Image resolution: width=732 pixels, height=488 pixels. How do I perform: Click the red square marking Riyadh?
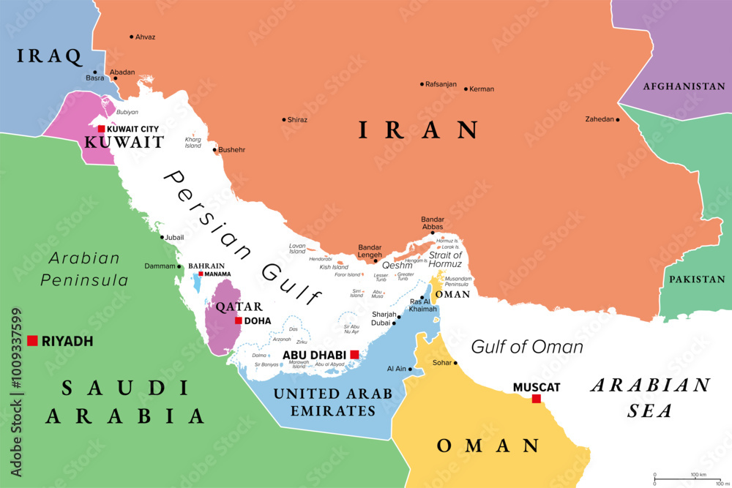tap(32, 340)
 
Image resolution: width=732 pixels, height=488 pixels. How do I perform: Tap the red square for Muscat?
tap(537, 399)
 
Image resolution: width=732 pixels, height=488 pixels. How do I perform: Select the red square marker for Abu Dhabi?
tap(354, 355)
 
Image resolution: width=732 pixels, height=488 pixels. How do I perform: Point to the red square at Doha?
tap(239, 320)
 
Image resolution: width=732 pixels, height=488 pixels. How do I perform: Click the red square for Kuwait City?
tap(101, 129)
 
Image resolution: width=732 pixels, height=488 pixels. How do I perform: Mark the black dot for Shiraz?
tap(284, 120)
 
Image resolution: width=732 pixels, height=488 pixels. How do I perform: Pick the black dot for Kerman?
tap(466, 89)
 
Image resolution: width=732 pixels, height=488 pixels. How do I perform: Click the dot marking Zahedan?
tap(618, 120)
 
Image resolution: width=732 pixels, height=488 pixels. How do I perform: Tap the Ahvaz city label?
tap(146, 37)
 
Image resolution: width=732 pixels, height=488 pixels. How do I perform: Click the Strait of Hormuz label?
tap(445, 260)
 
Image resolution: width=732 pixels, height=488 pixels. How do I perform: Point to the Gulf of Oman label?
tap(526, 346)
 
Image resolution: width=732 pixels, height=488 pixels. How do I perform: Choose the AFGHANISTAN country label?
tap(684, 86)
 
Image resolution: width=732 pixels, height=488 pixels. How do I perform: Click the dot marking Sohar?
tap(455, 363)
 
